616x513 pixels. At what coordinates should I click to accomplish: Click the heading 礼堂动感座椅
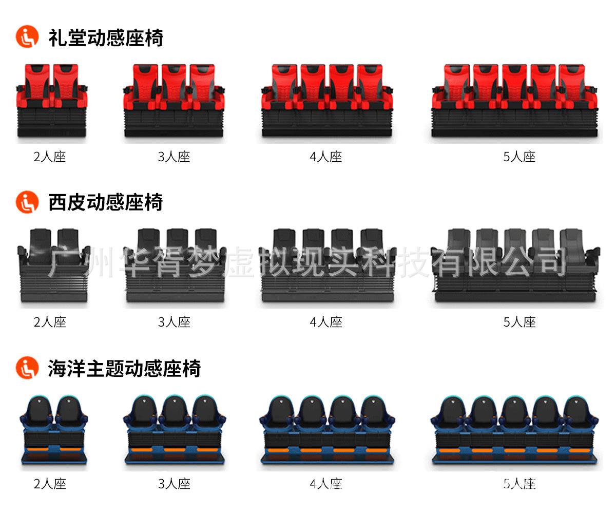click(106, 38)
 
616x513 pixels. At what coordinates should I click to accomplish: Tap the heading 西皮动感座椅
click(106, 202)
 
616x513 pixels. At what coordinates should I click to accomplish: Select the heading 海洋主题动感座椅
click(124, 368)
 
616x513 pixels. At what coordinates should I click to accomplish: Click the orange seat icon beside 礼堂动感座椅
click(27, 36)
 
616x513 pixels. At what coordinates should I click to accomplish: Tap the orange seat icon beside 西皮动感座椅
click(27, 202)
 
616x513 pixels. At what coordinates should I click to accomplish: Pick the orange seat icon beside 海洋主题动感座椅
click(27, 368)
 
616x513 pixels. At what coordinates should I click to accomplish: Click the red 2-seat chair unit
click(52, 100)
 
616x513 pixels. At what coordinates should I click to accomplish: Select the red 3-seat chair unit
click(174, 100)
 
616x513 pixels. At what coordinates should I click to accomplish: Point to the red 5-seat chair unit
click(514, 100)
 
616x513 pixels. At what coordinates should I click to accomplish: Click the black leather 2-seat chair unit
click(54, 265)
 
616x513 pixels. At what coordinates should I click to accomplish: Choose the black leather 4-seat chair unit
click(328, 265)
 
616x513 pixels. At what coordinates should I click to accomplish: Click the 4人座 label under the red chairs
click(325, 157)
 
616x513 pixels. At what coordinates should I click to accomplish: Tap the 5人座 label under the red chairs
click(519, 157)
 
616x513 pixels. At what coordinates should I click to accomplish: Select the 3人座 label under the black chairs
click(174, 322)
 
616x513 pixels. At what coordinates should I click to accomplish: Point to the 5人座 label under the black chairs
click(519, 322)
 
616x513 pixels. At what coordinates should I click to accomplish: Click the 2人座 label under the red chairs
click(50, 157)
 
